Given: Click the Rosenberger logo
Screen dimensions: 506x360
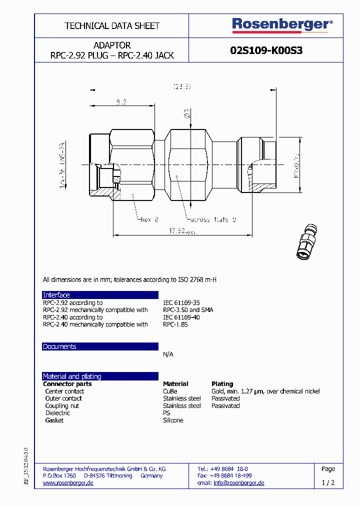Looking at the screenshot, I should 282,25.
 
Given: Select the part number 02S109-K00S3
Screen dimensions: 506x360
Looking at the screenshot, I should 266,50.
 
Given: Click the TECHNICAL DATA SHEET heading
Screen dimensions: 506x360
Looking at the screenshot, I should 112,25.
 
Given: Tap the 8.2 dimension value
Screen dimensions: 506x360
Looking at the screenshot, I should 121,101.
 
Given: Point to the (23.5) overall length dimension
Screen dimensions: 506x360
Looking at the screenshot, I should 182,86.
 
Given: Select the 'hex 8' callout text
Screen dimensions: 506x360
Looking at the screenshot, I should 149,219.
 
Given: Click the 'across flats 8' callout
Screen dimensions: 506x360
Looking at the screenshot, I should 212,219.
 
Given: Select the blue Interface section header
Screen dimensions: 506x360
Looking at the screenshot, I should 100,295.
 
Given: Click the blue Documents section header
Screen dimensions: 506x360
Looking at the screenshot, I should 100,346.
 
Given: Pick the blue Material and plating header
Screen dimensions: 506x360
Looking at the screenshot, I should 100,376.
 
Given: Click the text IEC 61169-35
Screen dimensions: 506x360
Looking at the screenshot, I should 181,302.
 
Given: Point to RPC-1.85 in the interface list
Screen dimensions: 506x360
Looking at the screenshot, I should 175,324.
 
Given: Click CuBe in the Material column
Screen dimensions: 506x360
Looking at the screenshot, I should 170,391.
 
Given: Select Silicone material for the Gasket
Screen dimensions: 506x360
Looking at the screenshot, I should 173,420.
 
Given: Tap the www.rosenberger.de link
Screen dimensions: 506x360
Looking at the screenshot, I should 68,483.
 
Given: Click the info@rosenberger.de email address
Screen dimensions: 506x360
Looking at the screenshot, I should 238,483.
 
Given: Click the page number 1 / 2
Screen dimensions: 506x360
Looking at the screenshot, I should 328,483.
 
